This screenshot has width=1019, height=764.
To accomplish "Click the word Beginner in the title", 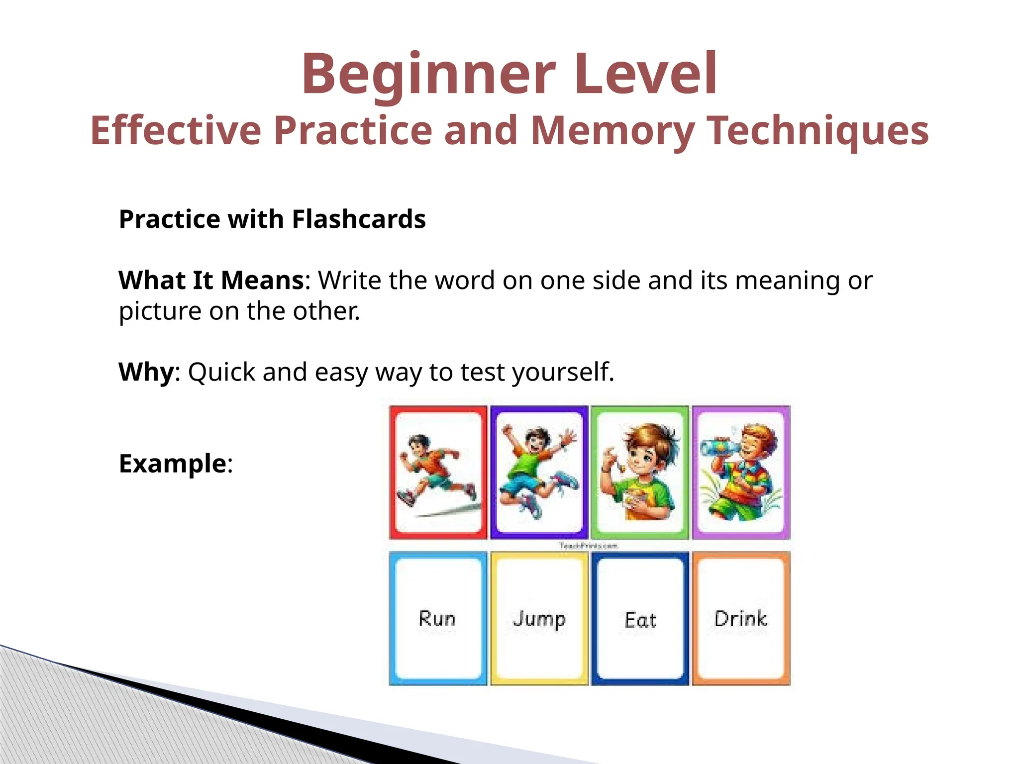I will [428, 75].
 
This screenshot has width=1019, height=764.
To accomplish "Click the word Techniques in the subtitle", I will [818, 130].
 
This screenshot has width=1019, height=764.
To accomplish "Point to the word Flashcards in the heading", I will [359, 219].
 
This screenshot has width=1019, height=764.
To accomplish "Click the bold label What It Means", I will [211, 280].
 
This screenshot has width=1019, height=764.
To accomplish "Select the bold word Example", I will [173, 464].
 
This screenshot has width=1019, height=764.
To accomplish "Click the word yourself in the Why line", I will [562, 372].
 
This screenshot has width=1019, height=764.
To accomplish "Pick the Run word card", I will [437, 619].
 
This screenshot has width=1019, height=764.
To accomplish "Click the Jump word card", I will [539, 619].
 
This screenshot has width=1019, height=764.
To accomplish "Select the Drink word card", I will [741, 619].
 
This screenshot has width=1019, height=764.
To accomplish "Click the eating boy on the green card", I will [641, 470].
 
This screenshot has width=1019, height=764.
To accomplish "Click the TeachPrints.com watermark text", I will [588, 546].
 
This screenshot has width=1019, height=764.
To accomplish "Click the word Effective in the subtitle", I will [176, 130].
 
